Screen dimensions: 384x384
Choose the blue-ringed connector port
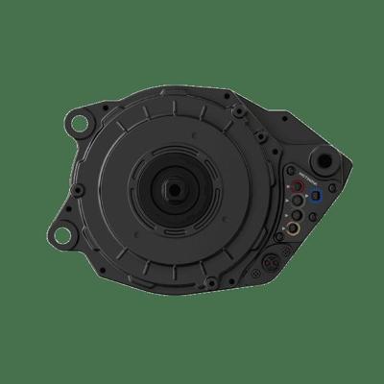[315, 196]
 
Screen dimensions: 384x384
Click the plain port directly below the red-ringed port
[297, 201]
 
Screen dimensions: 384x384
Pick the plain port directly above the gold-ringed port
[296, 214]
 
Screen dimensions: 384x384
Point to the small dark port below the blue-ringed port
[312, 217]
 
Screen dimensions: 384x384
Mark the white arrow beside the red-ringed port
[288, 187]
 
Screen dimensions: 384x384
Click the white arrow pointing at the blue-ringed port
[306, 196]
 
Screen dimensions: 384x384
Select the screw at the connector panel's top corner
[290, 171]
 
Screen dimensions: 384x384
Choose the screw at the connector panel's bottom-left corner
[280, 236]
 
